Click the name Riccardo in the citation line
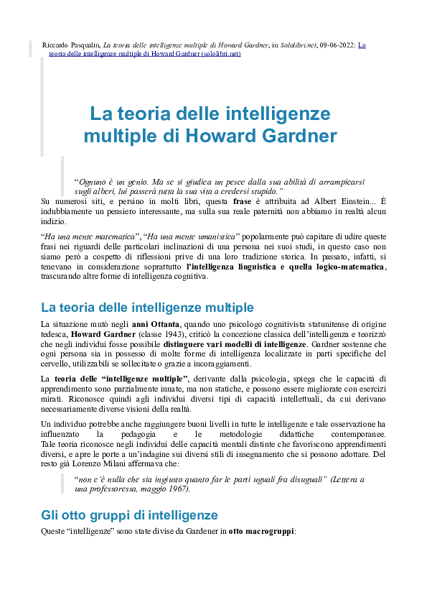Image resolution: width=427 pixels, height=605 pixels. (x=55, y=45)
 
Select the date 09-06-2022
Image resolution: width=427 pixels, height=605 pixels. (x=336, y=45)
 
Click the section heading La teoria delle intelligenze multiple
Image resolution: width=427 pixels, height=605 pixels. (x=147, y=308)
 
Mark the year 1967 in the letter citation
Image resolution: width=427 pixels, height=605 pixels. (x=179, y=489)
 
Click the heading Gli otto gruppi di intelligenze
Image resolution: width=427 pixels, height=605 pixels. (x=129, y=515)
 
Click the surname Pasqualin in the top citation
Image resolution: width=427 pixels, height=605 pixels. (x=85, y=45)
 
